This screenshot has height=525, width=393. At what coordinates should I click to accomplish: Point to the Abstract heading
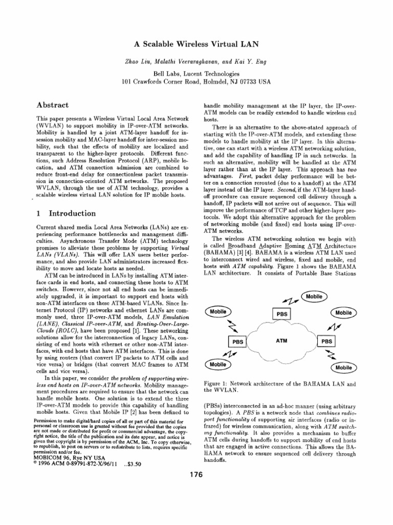(x=53, y=105)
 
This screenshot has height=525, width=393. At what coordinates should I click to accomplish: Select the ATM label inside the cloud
(x=281, y=339)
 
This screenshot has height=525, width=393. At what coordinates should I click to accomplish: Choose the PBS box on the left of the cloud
(x=237, y=341)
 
